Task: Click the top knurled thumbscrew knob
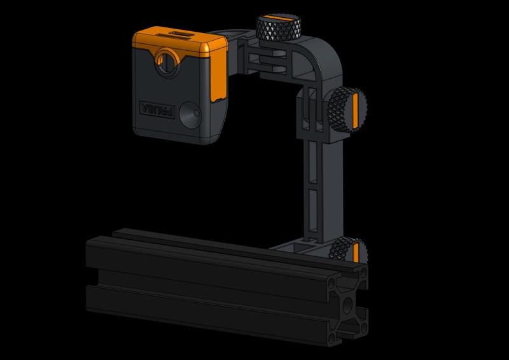[x=274, y=27]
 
